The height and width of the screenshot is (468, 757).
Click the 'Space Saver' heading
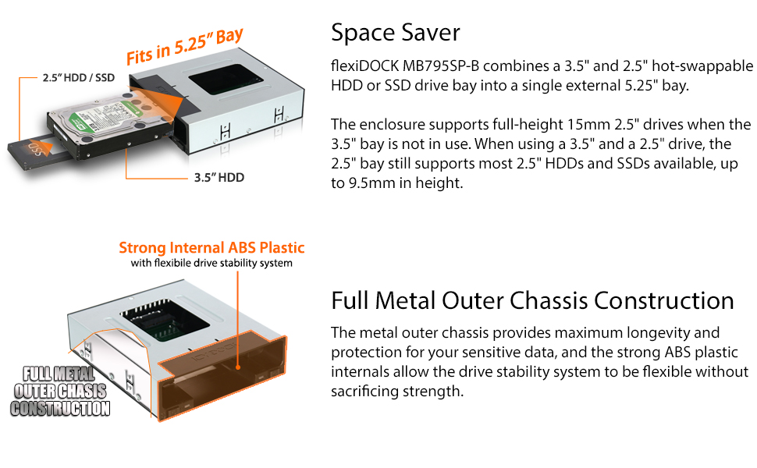tap(396, 32)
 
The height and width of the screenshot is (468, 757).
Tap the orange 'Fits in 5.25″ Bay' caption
tap(184, 47)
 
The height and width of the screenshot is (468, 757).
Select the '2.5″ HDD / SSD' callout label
tap(78, 78)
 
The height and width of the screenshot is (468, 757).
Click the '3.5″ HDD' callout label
tap(219, 178)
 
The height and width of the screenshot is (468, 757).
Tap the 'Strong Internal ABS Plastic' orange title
tap(211, 247)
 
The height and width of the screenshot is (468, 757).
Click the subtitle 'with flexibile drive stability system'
tap(211, 263)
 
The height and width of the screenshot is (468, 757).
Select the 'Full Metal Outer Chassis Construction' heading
tap(532, 300)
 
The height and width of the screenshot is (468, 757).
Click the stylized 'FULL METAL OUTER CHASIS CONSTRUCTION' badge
tap(60, 392)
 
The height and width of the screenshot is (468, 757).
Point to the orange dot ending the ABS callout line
tap(237, 367)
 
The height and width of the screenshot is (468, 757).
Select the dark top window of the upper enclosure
tap(226, 79)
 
